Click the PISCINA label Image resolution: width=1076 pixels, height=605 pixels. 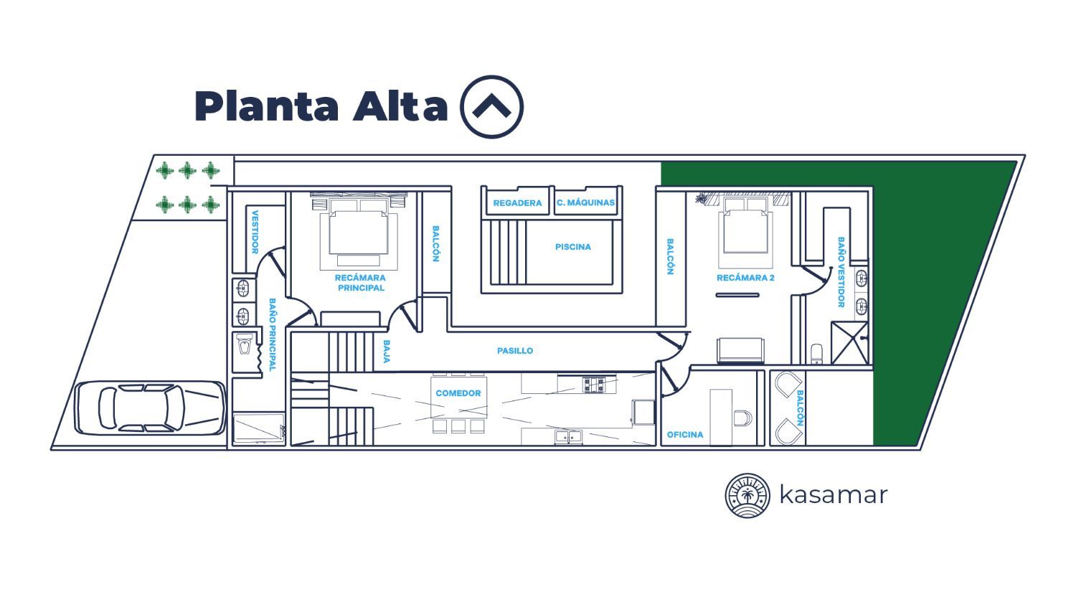(572, 247)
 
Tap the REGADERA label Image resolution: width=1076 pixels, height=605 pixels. (517, 203)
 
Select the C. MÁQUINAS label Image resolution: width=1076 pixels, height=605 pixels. (585, 203)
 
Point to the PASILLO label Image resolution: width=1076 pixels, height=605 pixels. (515, 351)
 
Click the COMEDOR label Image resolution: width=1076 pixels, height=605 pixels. (458, 393)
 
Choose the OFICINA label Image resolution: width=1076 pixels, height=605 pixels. (685, 435)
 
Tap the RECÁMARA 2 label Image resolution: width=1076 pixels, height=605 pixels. (745, 278)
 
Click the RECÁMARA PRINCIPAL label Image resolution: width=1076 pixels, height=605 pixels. (360, 283)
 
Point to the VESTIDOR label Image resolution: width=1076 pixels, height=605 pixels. (255, 232)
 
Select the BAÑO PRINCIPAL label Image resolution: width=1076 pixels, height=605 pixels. (273, 334)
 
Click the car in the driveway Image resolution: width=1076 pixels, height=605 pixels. (150, 408)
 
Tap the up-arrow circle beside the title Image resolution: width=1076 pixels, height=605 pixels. (491, 107)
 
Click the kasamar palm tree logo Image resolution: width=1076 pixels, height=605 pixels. (747, 495)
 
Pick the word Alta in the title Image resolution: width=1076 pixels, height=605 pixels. (400, 105)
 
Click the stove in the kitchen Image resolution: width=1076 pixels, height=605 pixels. (593, 385)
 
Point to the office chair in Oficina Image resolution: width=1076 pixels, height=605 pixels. (742, 418)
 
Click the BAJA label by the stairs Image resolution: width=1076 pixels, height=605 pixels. (387, 351)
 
